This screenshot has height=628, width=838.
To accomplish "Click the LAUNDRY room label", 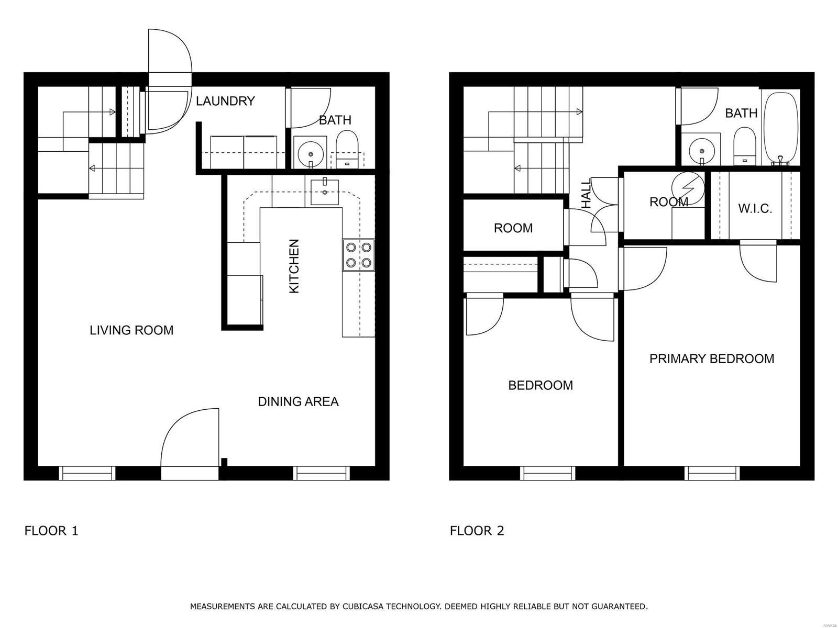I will click(225, 101).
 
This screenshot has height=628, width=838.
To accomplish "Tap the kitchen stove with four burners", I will click(359, 255).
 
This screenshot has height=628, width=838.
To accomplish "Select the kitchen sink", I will click(325, 192).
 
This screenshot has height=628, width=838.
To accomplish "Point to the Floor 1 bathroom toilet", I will click(346, 148).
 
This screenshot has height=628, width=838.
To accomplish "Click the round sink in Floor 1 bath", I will click(312, 153).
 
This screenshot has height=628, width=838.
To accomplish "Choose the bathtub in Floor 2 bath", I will click(780, 128).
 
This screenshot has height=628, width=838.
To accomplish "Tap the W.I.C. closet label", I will click(755, 209).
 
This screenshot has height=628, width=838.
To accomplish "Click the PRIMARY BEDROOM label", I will click(712, 358).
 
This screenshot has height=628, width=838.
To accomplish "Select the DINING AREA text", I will click(298, 401).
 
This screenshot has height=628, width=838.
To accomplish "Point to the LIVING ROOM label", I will click(131, 330).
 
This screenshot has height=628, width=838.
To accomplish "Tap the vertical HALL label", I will click(587, 194).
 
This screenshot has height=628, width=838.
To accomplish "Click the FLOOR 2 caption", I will click(477, 531).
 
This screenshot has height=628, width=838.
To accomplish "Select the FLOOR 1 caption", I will click(51, 531).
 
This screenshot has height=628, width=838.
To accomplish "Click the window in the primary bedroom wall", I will click(713, 473).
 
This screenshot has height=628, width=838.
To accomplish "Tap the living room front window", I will click(87, 473).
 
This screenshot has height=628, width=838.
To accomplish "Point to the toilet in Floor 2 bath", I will click(744, 144).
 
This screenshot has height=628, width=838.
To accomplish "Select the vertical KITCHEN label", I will click(294, 266).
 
